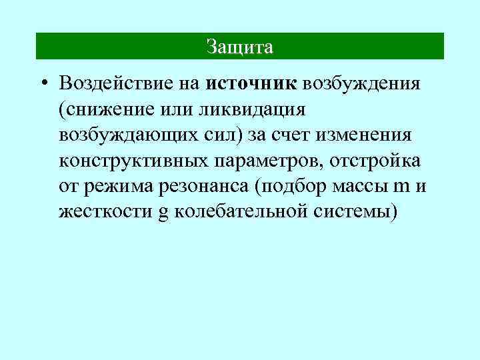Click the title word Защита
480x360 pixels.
coord(239,47)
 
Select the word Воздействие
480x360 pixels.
coord(113,84)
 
